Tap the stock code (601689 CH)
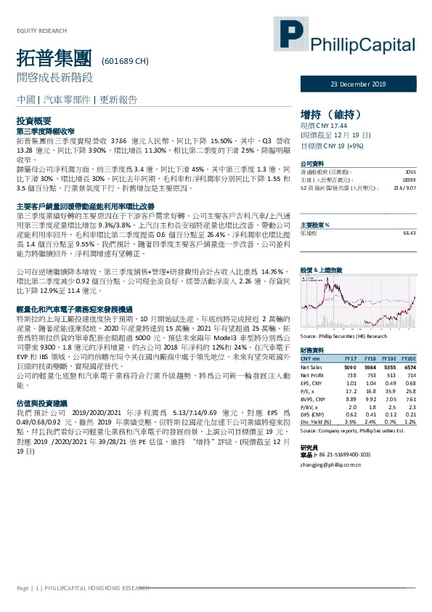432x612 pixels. point(125,60)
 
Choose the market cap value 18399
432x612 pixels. point(409,178)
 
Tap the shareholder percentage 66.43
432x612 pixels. point(409,233)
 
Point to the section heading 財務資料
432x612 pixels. point(311,350)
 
